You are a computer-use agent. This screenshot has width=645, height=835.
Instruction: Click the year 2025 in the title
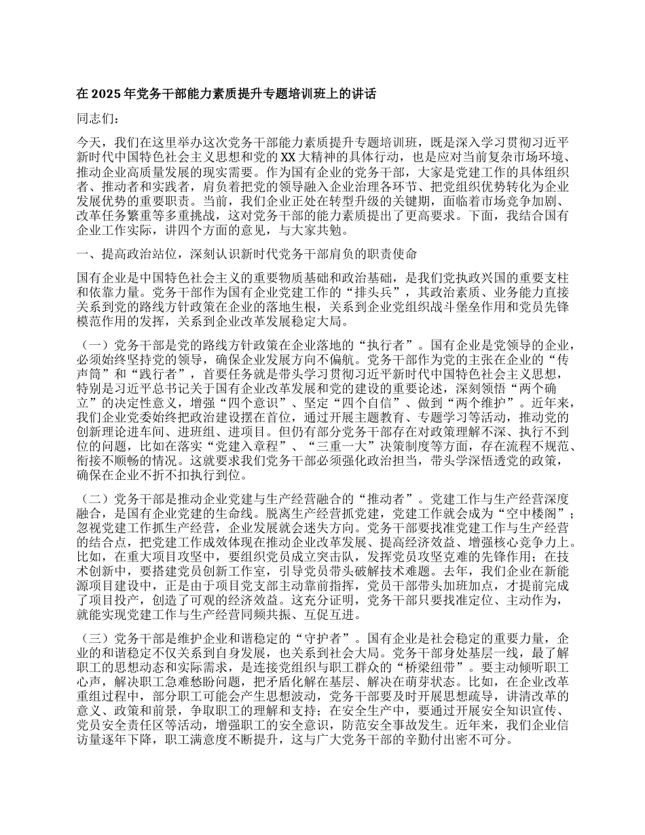click(x=103, y=94)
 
